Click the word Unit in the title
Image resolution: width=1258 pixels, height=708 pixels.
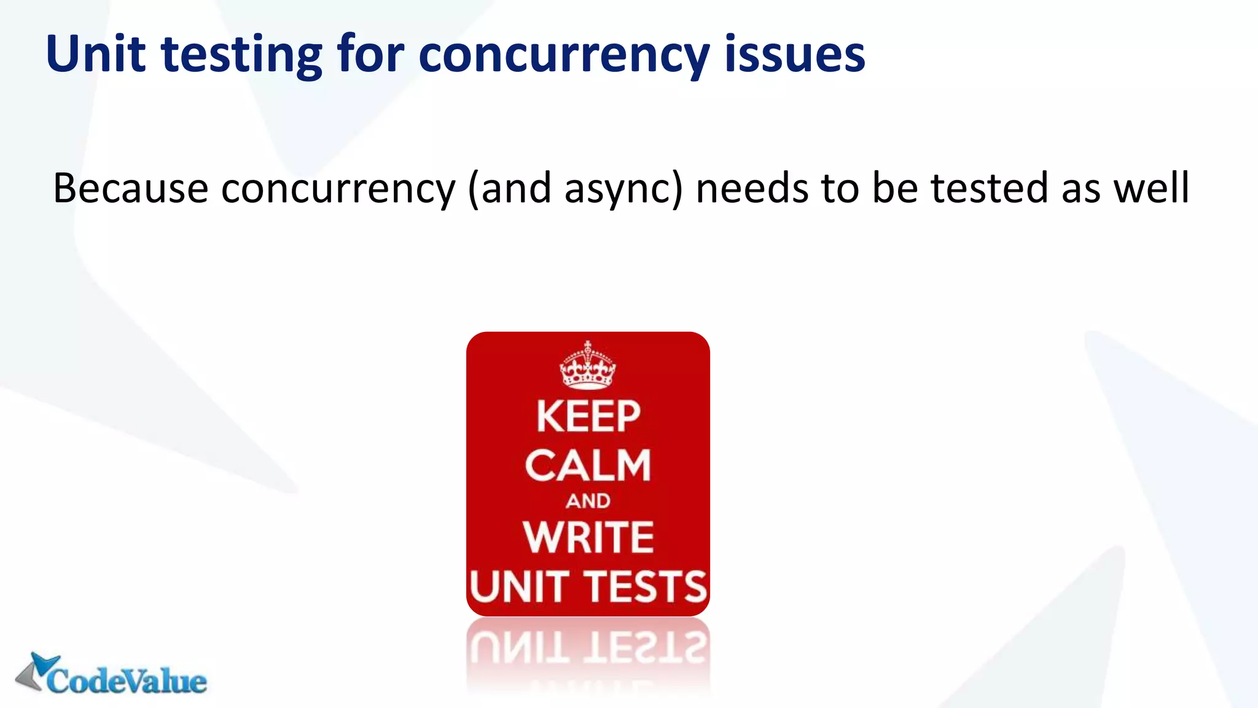(x=95, y=54)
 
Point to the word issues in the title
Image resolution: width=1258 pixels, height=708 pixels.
(x=795, y=54)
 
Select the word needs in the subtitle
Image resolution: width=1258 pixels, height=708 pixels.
(x=752, y=188)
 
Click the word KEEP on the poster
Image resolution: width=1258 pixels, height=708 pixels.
(x=588, y=417)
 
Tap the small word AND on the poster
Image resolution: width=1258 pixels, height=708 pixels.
(x=588, y=501)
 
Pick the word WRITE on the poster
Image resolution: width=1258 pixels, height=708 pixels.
(x=588, y=537)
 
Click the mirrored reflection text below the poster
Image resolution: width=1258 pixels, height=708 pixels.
(x=588, y=645)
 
